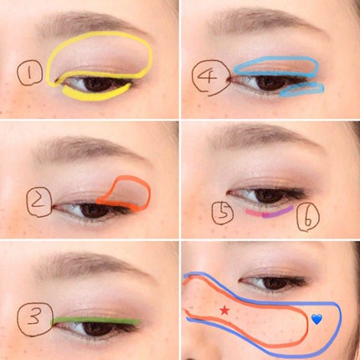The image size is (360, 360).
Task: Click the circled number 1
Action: pyautogui.click(x=30, y=74)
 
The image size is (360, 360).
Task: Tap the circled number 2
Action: pyautogui.click(x=39, y=202)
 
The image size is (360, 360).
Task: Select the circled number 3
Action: pyautogui.click(x=35, y=319)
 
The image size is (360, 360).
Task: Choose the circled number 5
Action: pyautogui.click(x=223, y=213)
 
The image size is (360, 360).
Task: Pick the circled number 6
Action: pyautogui.click(x=308, y=217)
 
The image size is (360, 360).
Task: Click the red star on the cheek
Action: pyautogui.click(x=224, y=310)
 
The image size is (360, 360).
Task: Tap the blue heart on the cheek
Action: pyautogui.click(x=316, y=319)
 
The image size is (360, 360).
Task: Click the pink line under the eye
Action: pyautogui.click(x=255, y=213)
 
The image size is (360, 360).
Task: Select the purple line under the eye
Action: pyautogui.click(x=278, y=212)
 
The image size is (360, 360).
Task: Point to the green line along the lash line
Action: pyautogui.click(x=96, y=321)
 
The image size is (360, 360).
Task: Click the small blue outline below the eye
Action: pyautogui.click(x=302, y=90)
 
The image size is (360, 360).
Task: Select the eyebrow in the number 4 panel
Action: pyautogui.click(x=265, y=18)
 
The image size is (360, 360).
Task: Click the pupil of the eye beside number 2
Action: pyautogui.click(x=95, y=211)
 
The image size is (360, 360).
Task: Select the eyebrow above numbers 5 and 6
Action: pyautogui.click(x=265, y=136)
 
